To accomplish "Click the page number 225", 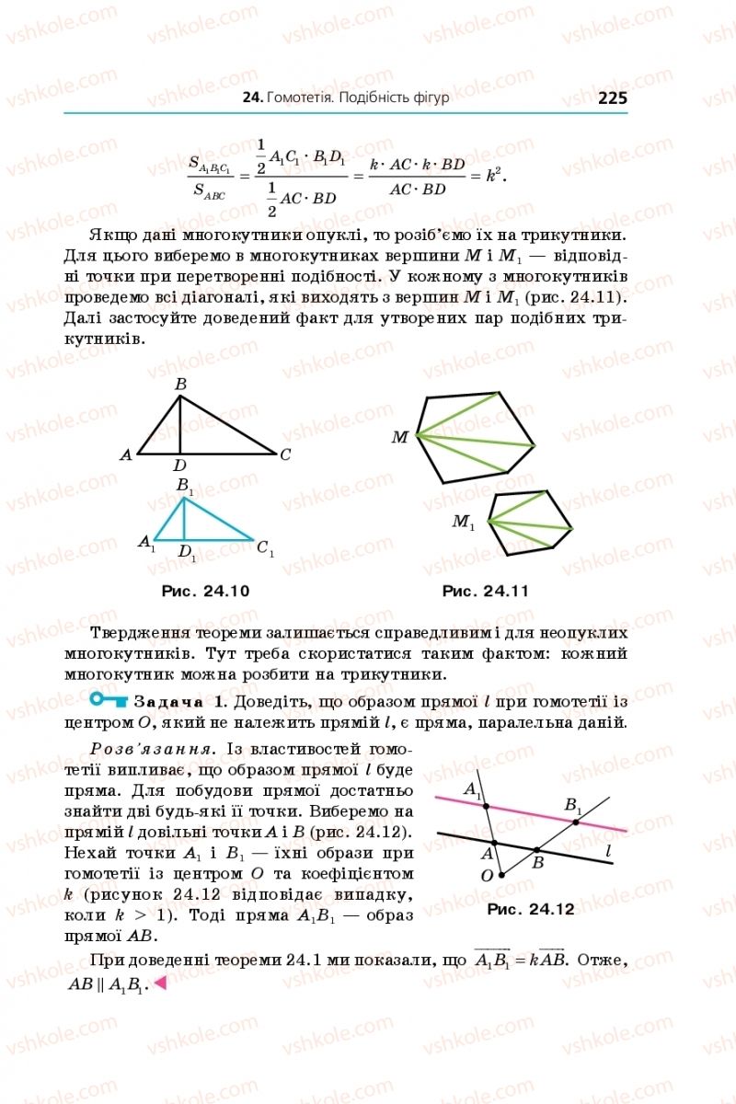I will (x=612, y=98).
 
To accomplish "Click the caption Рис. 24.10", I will (x=205, y=591).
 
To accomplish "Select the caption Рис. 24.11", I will (x=485, y=591).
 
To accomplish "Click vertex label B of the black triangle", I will (x=180, y=385).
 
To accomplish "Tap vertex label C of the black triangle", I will (x=286, y=454).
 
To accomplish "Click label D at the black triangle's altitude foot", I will (x=180, y=466).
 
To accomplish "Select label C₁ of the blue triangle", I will (x=265, y=550).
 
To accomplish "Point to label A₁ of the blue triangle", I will (x=146, y=544).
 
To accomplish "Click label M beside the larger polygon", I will (x=399, y=437).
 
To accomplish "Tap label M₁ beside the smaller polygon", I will (x=463, y=523).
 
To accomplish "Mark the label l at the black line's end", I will (x=609, y=852).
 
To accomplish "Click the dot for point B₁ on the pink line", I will (x=576, y=822).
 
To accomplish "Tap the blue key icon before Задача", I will (x=109, y=701).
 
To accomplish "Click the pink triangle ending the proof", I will (x=159, y=983).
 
